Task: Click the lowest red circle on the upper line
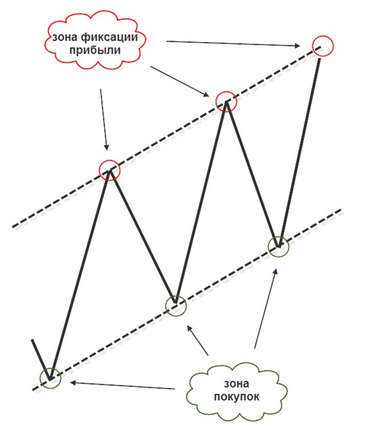[110, 160]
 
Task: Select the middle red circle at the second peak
[226, 91]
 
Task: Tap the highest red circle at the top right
[323, 36]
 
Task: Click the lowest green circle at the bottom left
[50, 369]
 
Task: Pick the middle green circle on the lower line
[176, 296]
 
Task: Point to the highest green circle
[279, 237]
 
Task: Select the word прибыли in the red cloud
[95, 51]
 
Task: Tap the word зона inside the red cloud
[65, 37]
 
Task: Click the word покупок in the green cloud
[237, 397]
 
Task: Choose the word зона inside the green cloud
[236, 384]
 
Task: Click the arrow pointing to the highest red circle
[233, 43]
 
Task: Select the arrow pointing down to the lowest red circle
[103, 120]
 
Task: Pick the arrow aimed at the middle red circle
[180, 81]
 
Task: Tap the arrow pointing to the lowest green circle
[122, 386]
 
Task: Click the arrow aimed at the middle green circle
[197, 340]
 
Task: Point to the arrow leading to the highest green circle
[265, 309]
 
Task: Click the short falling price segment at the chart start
[41, 359]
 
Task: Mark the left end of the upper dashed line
[13, 227]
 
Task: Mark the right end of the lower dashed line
[342, 210]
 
